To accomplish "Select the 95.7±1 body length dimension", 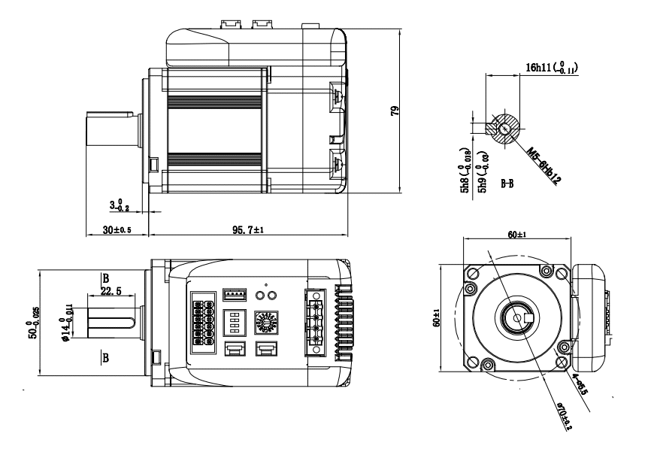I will point(248,229).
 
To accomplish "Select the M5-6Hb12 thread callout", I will point(545,159).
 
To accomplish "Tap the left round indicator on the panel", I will point(260,295).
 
